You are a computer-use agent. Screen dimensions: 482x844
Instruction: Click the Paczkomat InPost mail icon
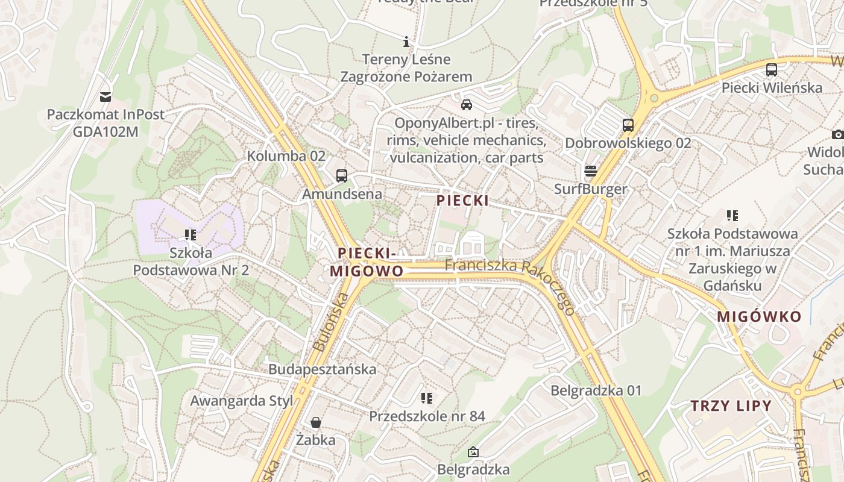click(105, 96)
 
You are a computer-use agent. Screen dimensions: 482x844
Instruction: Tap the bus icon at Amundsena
click(342, 176)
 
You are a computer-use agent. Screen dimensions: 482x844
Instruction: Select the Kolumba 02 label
click(286, 156)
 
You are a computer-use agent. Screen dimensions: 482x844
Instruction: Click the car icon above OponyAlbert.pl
click(466, 105)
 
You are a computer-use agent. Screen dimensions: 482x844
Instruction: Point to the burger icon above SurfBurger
click(591, 171)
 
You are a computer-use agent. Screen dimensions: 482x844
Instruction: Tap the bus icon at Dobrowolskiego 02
click(628, 125)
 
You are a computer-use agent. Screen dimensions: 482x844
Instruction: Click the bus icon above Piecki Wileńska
click(772, 70)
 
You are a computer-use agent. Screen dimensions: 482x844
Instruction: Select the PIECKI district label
click(463, 201)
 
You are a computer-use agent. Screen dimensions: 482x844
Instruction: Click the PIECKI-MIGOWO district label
click(367, 262)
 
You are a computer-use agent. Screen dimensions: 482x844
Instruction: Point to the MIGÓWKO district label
click(760, 317)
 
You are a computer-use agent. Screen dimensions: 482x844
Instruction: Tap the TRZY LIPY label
click(731, 405)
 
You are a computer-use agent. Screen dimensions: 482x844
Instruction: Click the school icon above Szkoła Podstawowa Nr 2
click(191, 235)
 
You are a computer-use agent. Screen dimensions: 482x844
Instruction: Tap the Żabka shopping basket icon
click(315, 422)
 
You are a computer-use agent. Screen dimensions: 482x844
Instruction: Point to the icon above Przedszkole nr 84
click(427, 398)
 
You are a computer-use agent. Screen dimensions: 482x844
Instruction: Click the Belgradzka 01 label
click(596, 390)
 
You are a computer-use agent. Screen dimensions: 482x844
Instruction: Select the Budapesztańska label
click(323, 369)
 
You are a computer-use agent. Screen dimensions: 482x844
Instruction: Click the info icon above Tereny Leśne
click(406, 42)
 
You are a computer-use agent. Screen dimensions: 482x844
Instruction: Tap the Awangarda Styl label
click(242, 401)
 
